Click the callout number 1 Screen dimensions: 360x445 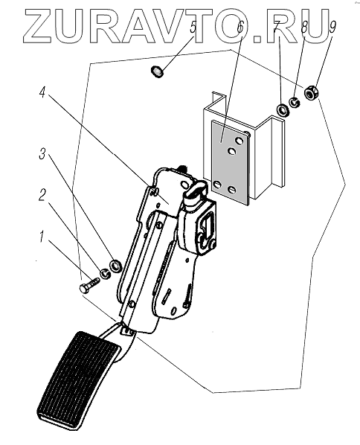pyautogui.click(x=42, y=237)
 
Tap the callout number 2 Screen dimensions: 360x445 pyautogui.click(x=42, y=195)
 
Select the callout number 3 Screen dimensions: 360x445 pyautogui.click(x=42, y=153)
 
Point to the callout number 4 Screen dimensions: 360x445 pyautogui.click(x=42, y=92)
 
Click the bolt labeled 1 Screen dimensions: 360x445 pyautogui.click(x=89, y=285)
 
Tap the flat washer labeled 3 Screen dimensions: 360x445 pyautogui.click(x=116, y=266)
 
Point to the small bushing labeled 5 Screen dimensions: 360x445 pyautogui.click(x=157, y=71)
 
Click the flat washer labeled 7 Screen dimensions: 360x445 pyautogui.click(x=283, y=110)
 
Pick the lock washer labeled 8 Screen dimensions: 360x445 pyautogui.click(x=295, y=102)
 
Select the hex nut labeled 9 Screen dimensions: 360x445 pyautogui.click(x=311, y=92)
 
